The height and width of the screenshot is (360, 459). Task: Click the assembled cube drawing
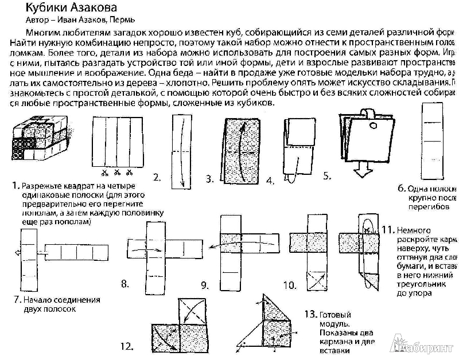[x=36, y=140]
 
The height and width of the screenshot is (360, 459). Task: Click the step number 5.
[x=328, y=176]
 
